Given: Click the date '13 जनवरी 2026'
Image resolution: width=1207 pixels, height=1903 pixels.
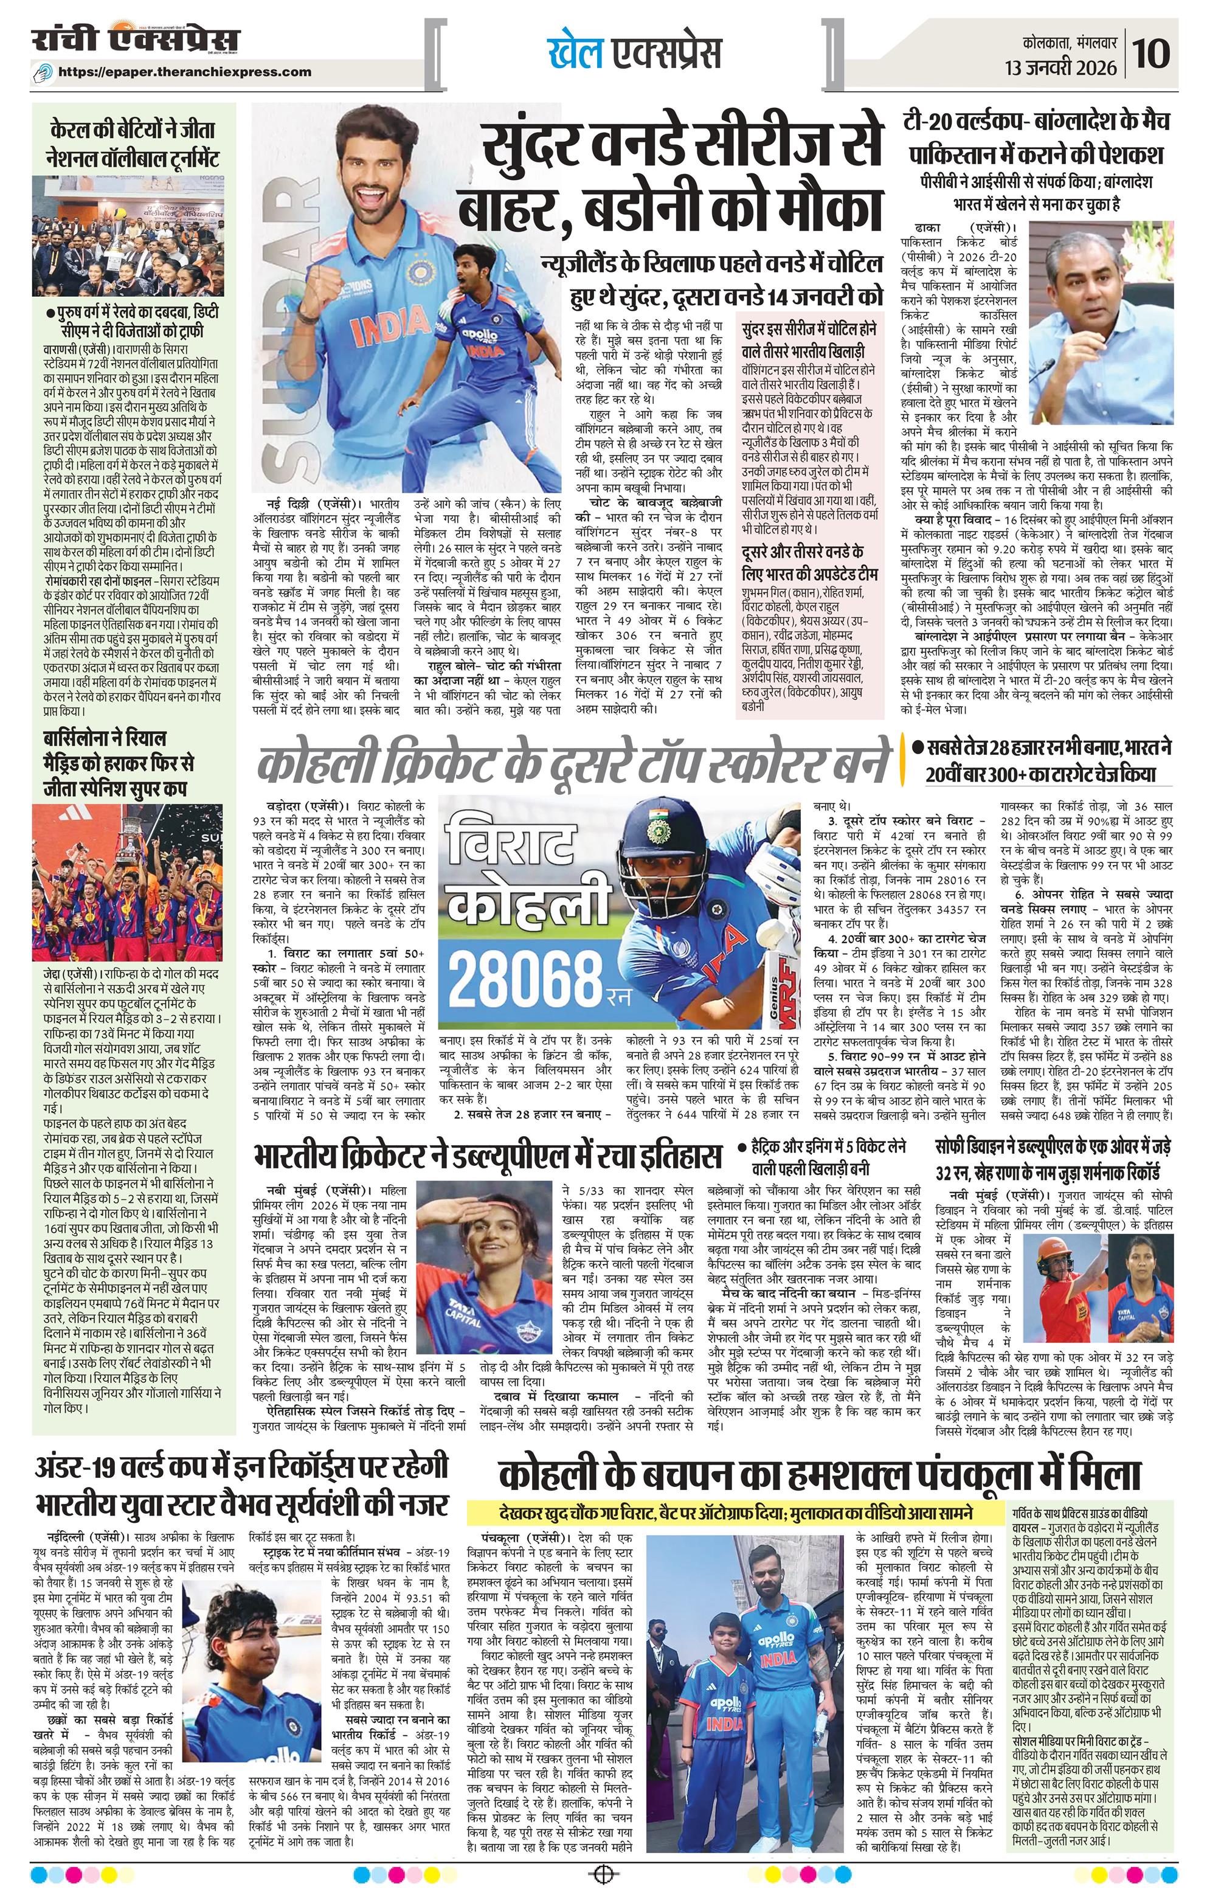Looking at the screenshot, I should click(x=1061, y=68).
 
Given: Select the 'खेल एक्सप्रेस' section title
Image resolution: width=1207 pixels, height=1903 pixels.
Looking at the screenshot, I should click(x=634, y=53).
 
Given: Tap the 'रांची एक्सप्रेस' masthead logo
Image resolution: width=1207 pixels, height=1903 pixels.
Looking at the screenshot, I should click(x=135, y=41).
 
